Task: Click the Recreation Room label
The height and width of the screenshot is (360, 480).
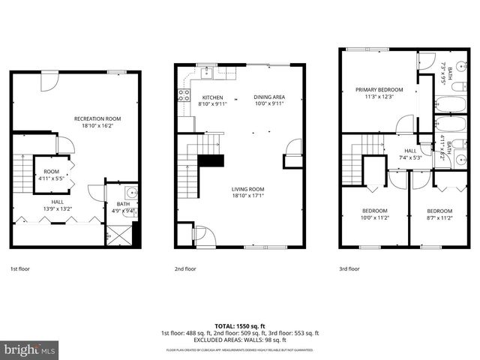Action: click(x=97, y=118)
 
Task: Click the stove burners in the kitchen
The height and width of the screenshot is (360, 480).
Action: click(x=182, y=94)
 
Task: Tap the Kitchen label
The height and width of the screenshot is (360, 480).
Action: click(x=213, y=97)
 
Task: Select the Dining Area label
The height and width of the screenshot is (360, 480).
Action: click(x=268, y=97)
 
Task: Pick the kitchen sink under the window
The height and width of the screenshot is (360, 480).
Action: click(x=205, y=73)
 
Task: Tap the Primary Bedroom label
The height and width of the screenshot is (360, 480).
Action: click(x=379, y=89)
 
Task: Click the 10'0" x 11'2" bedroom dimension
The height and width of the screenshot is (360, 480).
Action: click(x=375, y=217)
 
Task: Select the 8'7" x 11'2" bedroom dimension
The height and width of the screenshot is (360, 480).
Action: click(x=439, y=217)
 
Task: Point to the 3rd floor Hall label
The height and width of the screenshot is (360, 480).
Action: click(x=409, y=151)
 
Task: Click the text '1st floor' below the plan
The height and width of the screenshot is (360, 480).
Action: click(x=20, y=268)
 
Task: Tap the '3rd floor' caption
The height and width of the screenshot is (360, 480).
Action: click(x=349, y=268)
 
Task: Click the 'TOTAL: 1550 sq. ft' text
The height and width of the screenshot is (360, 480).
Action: click(x=240, y=326)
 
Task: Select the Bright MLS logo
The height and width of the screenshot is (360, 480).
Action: click(x=30, y=349)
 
